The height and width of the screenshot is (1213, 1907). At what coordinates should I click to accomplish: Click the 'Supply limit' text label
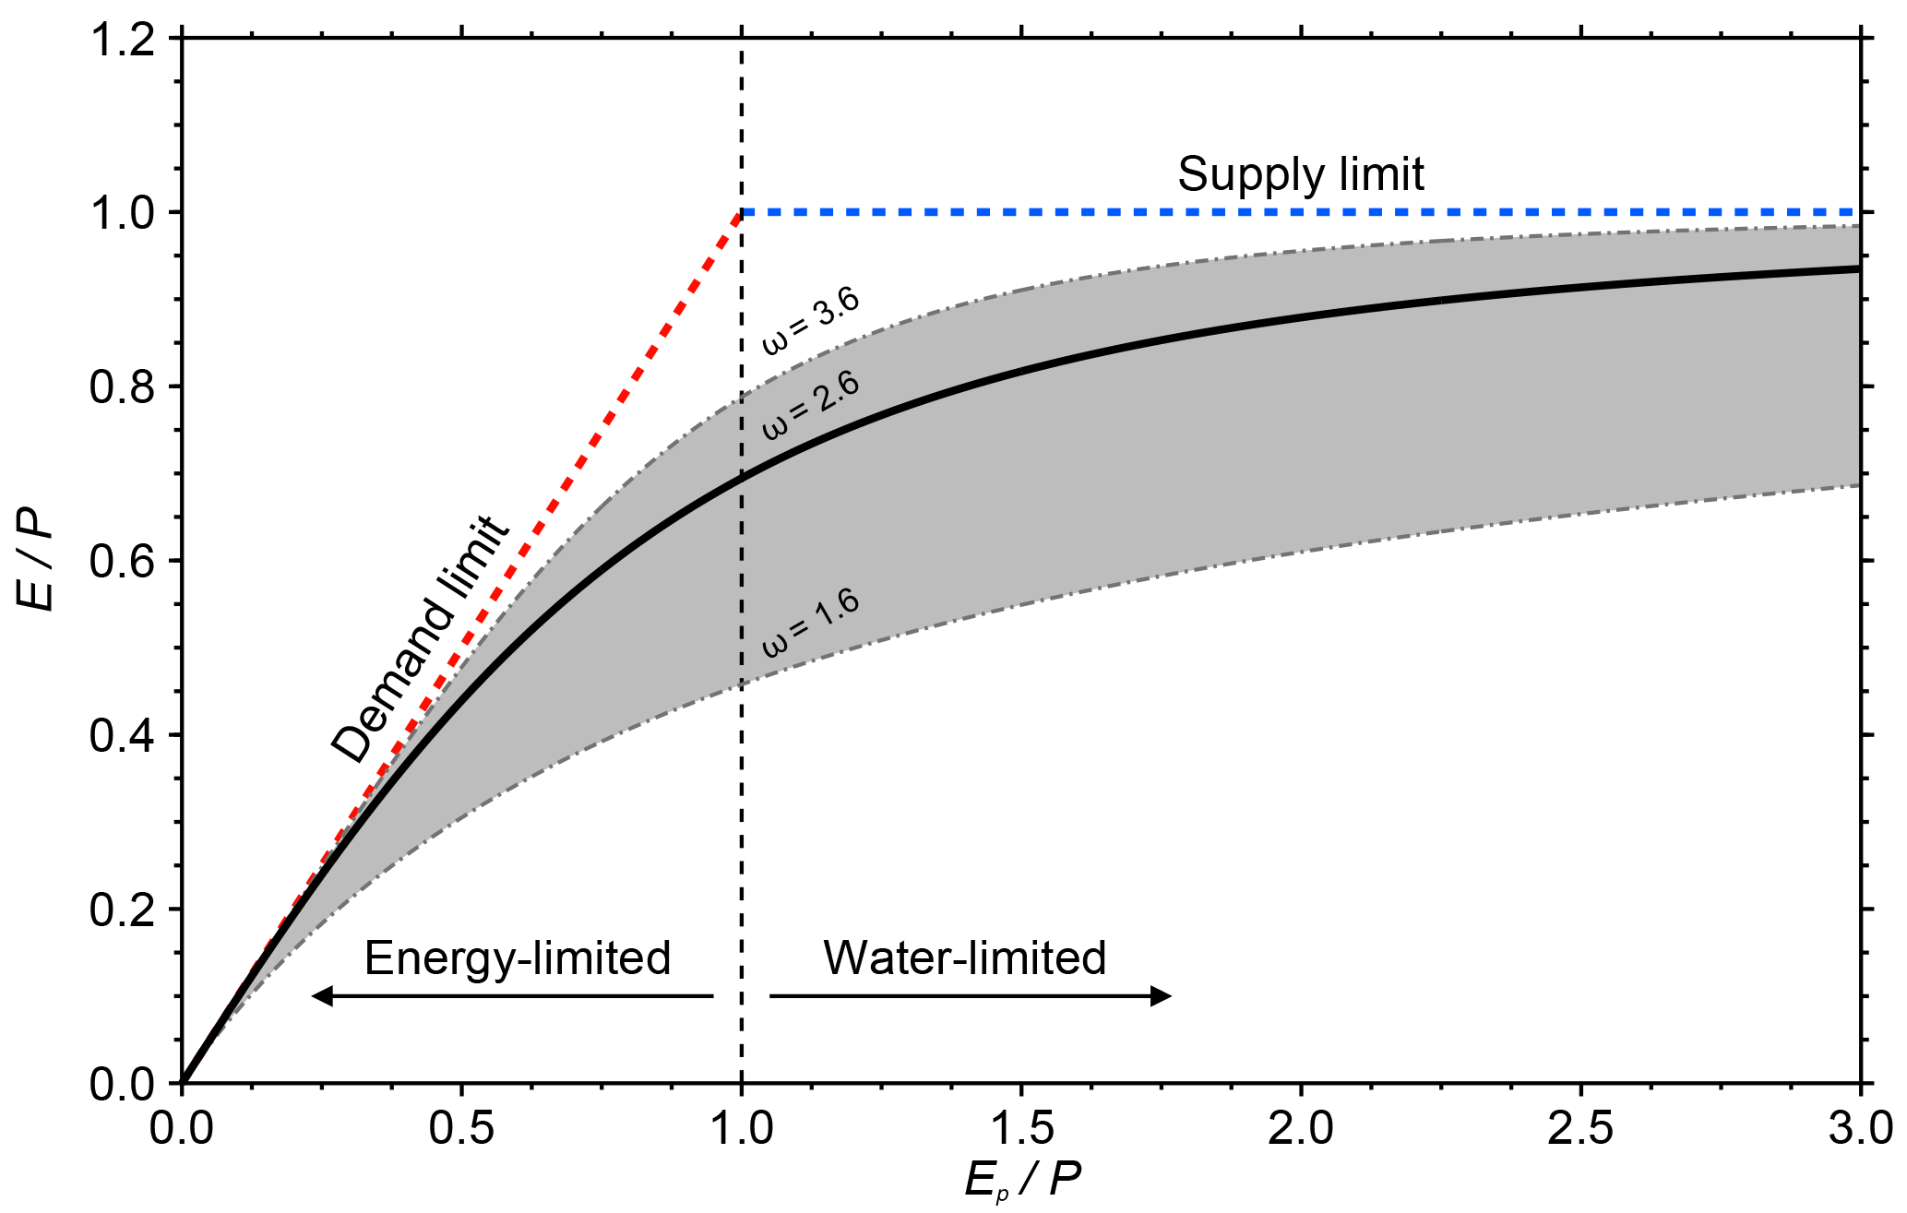coord(1300,174)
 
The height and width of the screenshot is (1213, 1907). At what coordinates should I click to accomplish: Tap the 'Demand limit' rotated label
coord(420,639)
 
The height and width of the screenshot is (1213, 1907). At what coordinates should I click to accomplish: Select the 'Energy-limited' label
coord(517,958)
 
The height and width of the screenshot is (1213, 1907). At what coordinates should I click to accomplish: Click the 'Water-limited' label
coord(964,958)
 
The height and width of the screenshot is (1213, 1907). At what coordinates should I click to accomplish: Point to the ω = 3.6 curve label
coord(810,320)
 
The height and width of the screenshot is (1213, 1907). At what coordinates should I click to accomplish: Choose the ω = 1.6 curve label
coord(810,622)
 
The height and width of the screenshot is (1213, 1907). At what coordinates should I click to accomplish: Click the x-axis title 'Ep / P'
coord(1022,1180)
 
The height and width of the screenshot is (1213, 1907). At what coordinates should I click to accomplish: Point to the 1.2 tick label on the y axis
coord(123,40)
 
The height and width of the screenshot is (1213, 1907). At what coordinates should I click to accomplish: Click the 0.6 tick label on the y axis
coord(123,562)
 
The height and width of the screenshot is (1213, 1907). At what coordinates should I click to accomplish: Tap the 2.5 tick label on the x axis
coord(1580,1128)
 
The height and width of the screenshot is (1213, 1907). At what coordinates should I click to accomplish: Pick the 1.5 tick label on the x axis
coord(1021,1128)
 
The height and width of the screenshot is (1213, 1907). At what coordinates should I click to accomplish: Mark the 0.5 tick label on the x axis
coord(461,1128)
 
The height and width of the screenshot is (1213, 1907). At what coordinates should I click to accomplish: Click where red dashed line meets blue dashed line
coord(742,212)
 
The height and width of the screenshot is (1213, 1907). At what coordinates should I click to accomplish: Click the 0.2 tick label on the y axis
coord(123,910)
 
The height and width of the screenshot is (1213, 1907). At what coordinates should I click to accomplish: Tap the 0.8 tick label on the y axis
coord(123,387)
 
